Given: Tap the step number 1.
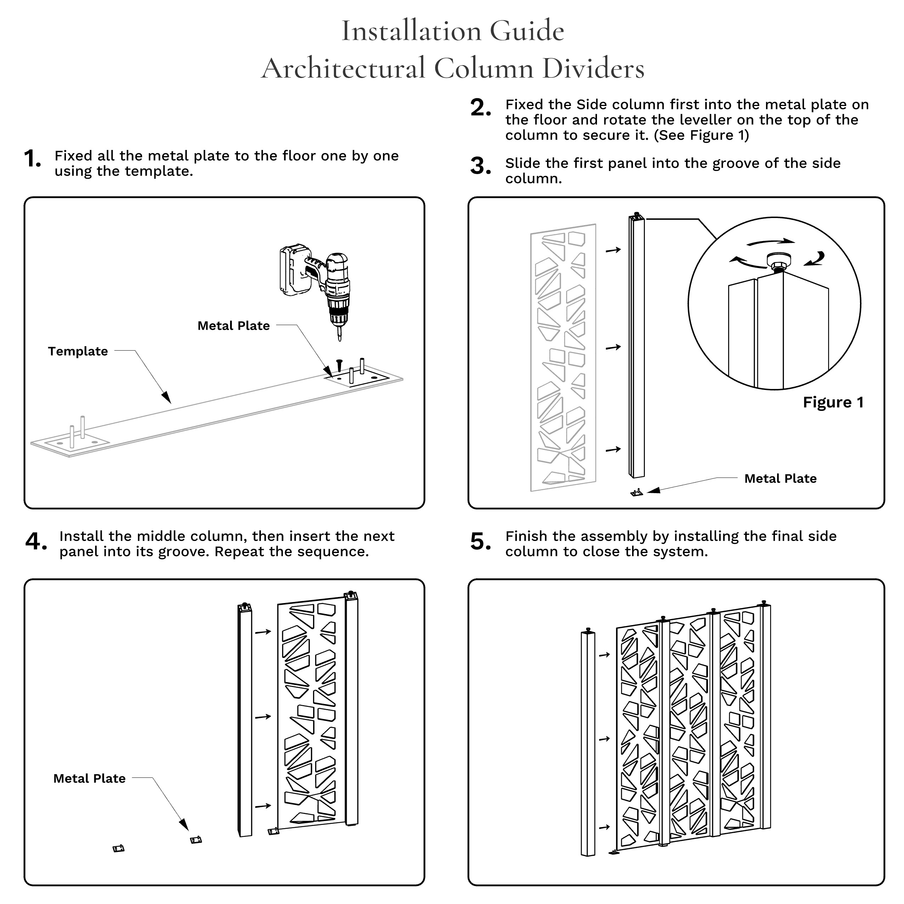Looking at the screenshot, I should (32, 159).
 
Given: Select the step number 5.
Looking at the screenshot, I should (480, 541).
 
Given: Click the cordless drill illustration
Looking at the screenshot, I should (323, 285).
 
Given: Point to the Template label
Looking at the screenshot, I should (78, 351).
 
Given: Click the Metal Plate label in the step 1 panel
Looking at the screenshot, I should (234, 326).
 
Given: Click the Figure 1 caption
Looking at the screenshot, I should (833, 402).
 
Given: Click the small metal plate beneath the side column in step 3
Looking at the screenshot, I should (637, 492).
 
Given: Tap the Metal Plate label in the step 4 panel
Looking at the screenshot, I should (89, 778).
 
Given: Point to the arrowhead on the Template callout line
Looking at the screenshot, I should (166, 397).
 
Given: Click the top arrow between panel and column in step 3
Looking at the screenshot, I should (613, 250).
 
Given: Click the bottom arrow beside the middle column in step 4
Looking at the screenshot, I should (263, 806).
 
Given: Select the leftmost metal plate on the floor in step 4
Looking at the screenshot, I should (119, 848).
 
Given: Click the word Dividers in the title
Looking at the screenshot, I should (593, 68).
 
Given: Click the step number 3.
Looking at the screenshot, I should (480, 166).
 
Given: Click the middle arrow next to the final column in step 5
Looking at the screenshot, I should (604, 739).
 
